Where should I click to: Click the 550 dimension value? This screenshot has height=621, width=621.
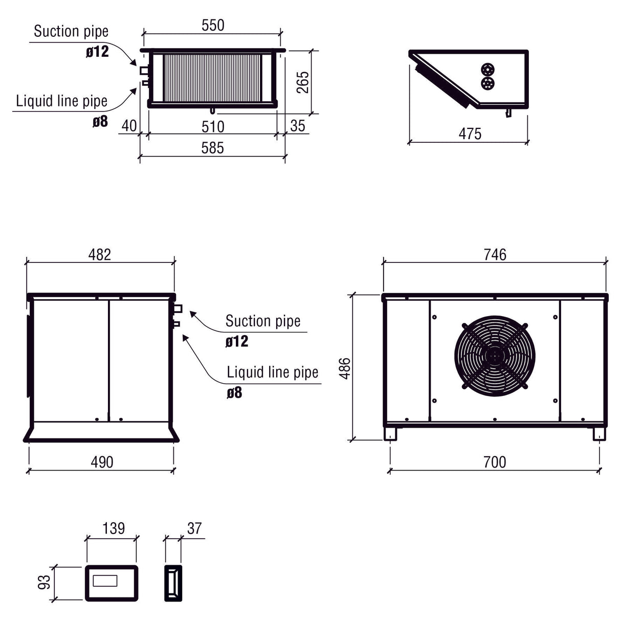tap(213, 25)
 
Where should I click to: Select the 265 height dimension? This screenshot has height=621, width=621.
tap(303, 82)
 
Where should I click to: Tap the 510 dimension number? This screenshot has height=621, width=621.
tap(213, 126)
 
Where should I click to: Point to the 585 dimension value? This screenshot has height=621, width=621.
tap(212, 148)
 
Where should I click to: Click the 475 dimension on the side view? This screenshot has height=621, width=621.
tap(470, 134)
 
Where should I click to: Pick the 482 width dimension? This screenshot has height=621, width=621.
tap(99, 254)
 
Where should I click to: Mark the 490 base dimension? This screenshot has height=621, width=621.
tap(102, 462)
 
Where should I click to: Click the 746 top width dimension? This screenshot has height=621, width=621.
tap(495, 254)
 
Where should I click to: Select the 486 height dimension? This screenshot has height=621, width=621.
tap(345, 368)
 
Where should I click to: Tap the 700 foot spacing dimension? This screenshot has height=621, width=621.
tap(494, 462)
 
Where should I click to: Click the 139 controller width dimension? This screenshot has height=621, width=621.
tap(113, 528)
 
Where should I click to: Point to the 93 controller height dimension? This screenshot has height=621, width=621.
tap(45, 582)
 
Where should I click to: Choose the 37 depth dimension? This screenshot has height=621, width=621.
tap(194, 528)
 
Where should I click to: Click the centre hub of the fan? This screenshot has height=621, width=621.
tap(494, 355)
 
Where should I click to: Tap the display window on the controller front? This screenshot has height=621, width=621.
tap(105, 581)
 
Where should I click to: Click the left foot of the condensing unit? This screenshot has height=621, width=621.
tap(391, 434)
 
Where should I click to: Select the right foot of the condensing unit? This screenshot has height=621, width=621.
tap(599, 434)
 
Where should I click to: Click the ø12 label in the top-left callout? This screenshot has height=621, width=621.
tap(97, 52)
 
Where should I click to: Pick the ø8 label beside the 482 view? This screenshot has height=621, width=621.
tap(234, 393)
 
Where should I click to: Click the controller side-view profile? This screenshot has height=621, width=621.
tap(173, 583)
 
